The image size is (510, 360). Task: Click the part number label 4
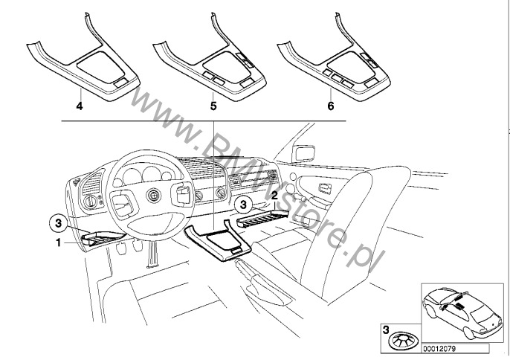pos(79,107)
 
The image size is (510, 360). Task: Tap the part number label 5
pos(213,107)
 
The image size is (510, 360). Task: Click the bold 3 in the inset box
pos(385,327)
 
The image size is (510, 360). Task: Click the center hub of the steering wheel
pos(152,196)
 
